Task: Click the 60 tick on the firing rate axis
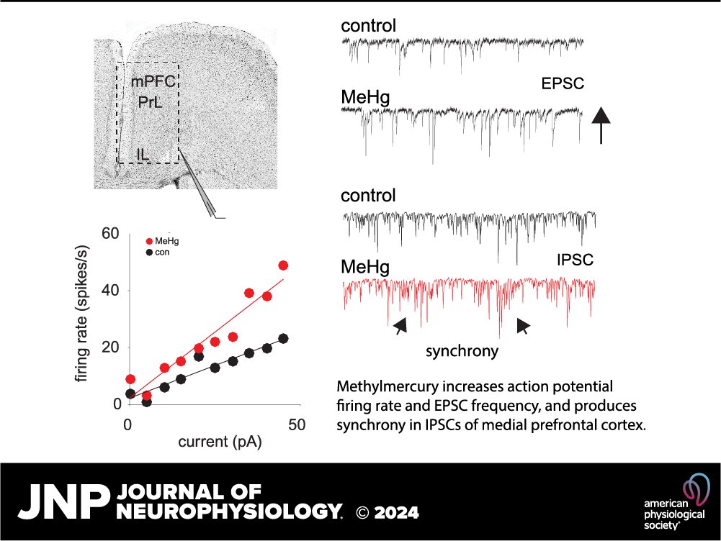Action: pos(110,234)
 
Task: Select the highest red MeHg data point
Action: pos(283,265)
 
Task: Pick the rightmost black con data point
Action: pos(283,338)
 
